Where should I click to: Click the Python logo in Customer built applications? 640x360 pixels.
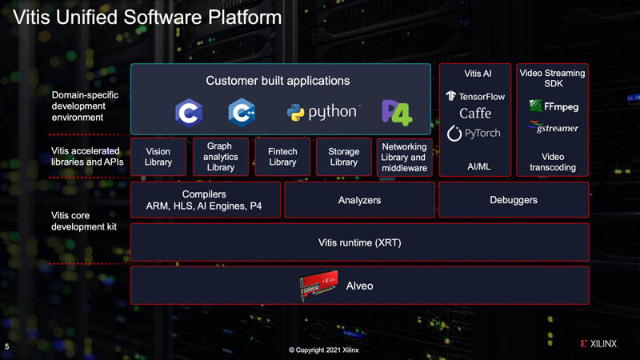[x=323, y=113]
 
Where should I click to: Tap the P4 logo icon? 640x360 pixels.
[x=396, y=113]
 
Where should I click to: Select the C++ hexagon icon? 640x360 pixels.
[x=241, y=113]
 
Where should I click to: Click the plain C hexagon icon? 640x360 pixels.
[x=188, y=113]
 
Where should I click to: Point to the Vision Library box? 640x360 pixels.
[x=158, y=158]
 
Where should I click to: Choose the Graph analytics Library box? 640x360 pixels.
[x=220, y=158]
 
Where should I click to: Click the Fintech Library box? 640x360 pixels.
[x=282, y=158]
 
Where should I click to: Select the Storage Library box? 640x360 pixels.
[x=344, y=158]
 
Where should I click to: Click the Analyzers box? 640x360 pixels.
[x=359, y=200]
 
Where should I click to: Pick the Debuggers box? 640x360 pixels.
[x=513, y=200]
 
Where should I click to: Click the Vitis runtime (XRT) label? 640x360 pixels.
[x=358, y=242]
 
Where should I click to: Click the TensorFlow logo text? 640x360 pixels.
[x=478, y=96]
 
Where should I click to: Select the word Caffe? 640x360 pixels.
[x=475, y=114]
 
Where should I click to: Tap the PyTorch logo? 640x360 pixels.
[x=474, y=133]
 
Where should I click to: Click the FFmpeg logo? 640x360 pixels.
[x=554, y=106]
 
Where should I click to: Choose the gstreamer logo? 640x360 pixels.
[x=554, y=126]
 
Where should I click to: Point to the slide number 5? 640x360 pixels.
[x=7, y=347]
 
